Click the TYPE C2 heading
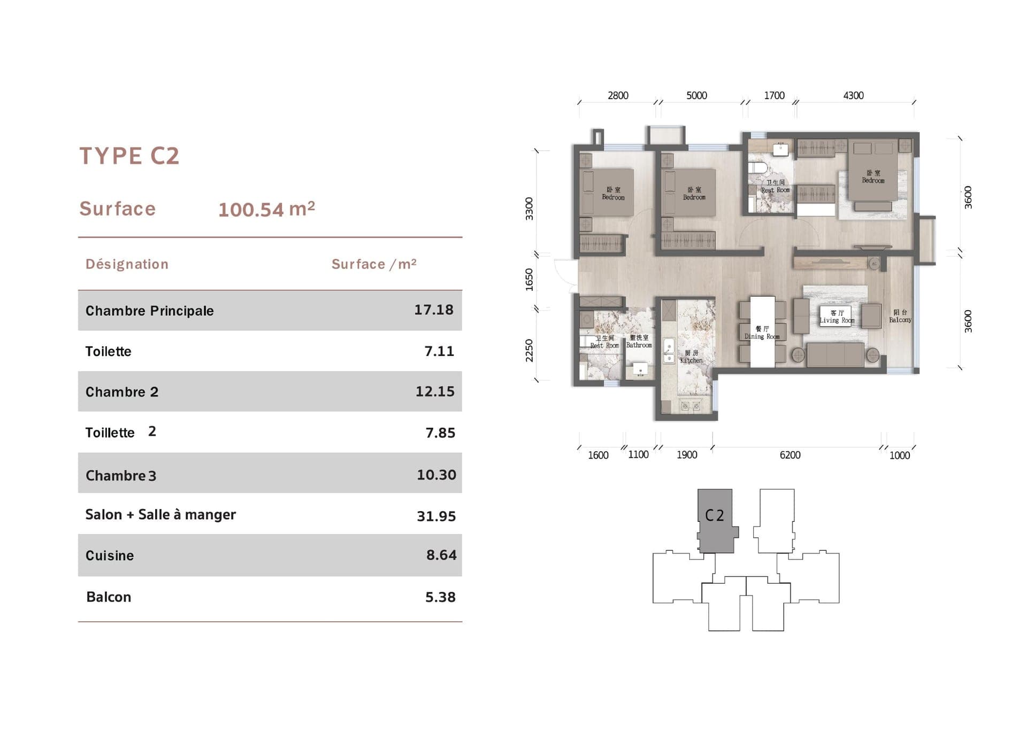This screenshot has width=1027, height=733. click(129, 156)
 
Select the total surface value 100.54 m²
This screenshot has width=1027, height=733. click(266, 209)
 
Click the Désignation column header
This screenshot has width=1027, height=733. click(127, 264)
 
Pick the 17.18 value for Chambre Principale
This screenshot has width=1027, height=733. click(433, 310)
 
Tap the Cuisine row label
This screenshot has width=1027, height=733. click(110, 555)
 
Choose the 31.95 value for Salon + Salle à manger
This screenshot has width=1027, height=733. click(436, 516)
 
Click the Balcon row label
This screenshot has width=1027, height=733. click(109, 597)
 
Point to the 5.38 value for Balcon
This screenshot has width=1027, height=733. click(440, 597)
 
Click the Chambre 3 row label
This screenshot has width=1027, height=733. click(121, 475)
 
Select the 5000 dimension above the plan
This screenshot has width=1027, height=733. click(696, 96)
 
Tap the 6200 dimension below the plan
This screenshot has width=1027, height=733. click(790, 455)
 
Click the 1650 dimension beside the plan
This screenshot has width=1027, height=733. click(529, 280)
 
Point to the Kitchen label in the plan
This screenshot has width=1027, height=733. click(691, 357)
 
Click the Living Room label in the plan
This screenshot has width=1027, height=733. click(837, 317)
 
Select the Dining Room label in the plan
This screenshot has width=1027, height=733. click(762, 333)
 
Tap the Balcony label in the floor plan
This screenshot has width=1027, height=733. click(900, 316)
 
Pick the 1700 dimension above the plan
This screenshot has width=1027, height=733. click(773, 96)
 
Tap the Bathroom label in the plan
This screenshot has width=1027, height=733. click(639, 342)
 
